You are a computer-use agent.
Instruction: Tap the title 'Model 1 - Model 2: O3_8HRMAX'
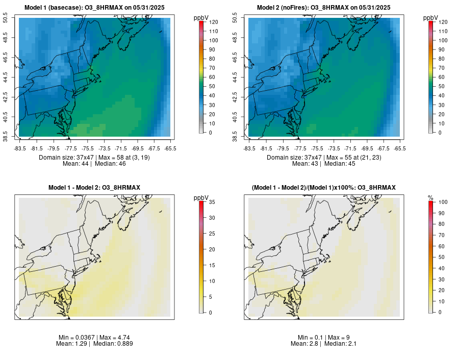[x=94, y=188]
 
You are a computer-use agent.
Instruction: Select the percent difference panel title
[x=323, y=188]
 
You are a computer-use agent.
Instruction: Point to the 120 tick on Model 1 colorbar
[x=213, y=22]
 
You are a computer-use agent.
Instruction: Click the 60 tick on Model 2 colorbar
[x=442, y=77]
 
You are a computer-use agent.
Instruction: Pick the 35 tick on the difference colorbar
[x=213, y=202]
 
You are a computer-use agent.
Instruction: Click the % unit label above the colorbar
[x=431, y=197]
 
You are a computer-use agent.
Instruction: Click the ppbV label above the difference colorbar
[x=201, y=197]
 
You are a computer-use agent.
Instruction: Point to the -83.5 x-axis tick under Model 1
[x=20, y=148]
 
